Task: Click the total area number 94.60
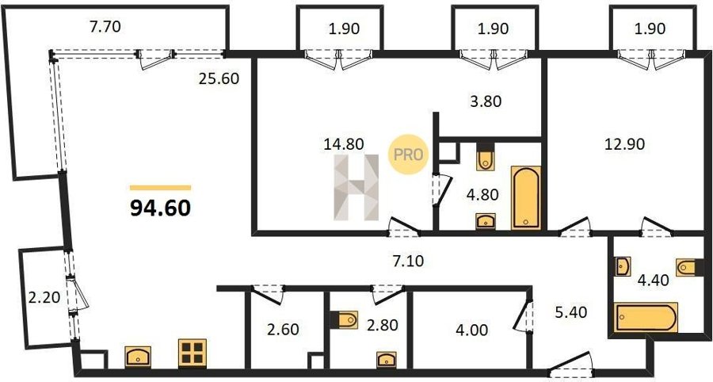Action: [x=160, y=208]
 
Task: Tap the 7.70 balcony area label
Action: [x=105, y=27]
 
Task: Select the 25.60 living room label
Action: [x=219, y=79]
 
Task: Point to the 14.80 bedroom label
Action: [x=344, y=144]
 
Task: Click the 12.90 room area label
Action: [x=625, y=144]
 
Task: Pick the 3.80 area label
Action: [x=486, y=101]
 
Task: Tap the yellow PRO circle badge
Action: [x=408, y=155]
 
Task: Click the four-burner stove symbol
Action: [x=193, y=353]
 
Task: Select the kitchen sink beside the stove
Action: [x=138, y=357]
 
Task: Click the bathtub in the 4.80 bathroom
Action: [x=526, y=198]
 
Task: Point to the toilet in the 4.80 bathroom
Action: [x=486, y=158]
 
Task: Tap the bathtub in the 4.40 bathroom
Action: [x=646, y=318]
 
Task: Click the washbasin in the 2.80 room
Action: [x=386, y=359]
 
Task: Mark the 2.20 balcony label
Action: [x=44, y=298]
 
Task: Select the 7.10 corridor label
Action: [x=408, y=261]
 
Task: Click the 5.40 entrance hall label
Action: [x=571, y=312]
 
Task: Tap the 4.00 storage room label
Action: [x=473, y=330]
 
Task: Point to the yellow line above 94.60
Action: [x=160, y=187]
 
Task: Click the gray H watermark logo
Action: [x=356, y=187]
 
